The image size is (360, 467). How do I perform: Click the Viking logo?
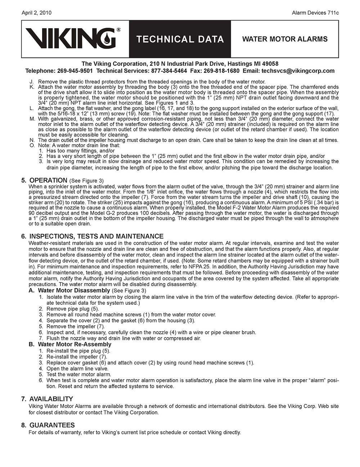click(x=71, y=38)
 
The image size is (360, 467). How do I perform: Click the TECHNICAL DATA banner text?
click(x=180, y=39)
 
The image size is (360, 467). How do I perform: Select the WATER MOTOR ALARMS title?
click(x=285, y=39)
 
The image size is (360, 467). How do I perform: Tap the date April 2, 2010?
click(x=36, y=13)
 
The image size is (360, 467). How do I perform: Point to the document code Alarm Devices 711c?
click(x=315, y=13)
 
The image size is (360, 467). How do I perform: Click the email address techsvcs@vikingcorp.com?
click(x=298, y=71)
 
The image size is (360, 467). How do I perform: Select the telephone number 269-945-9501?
click(x=75, y=71)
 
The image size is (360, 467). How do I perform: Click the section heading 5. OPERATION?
click(x=44, y=180)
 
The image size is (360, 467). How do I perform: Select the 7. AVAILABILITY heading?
click(x=47, y=399)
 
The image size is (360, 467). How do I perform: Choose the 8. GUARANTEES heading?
click(x=48, y=425)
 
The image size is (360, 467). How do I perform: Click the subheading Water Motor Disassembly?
click(x=74, y=290)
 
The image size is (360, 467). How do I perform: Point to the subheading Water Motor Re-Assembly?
click(x=75, y=344)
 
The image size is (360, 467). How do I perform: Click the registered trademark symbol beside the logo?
click(x=118, y=30)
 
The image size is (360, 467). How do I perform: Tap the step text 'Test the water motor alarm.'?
click(x=79, y=375)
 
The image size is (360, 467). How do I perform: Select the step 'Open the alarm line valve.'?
click(x=77, y=368)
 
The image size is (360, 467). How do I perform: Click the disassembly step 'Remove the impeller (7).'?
click(x=76, y=326)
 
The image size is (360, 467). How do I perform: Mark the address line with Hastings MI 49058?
click(x=180, y=64)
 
